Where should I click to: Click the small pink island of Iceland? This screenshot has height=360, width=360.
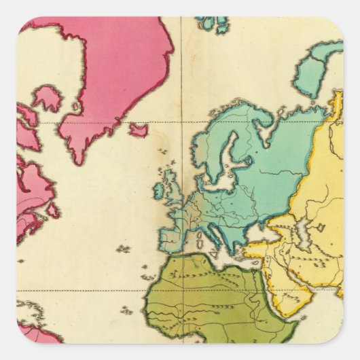[x=139, y=129]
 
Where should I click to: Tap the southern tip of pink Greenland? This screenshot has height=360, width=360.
[x=80, y=160]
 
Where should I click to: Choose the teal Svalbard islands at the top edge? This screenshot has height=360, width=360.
[x=213, y=24]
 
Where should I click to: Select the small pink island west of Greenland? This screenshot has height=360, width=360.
[x=48, y=99]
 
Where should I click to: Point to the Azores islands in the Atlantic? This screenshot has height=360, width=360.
[x=122, y=249]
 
